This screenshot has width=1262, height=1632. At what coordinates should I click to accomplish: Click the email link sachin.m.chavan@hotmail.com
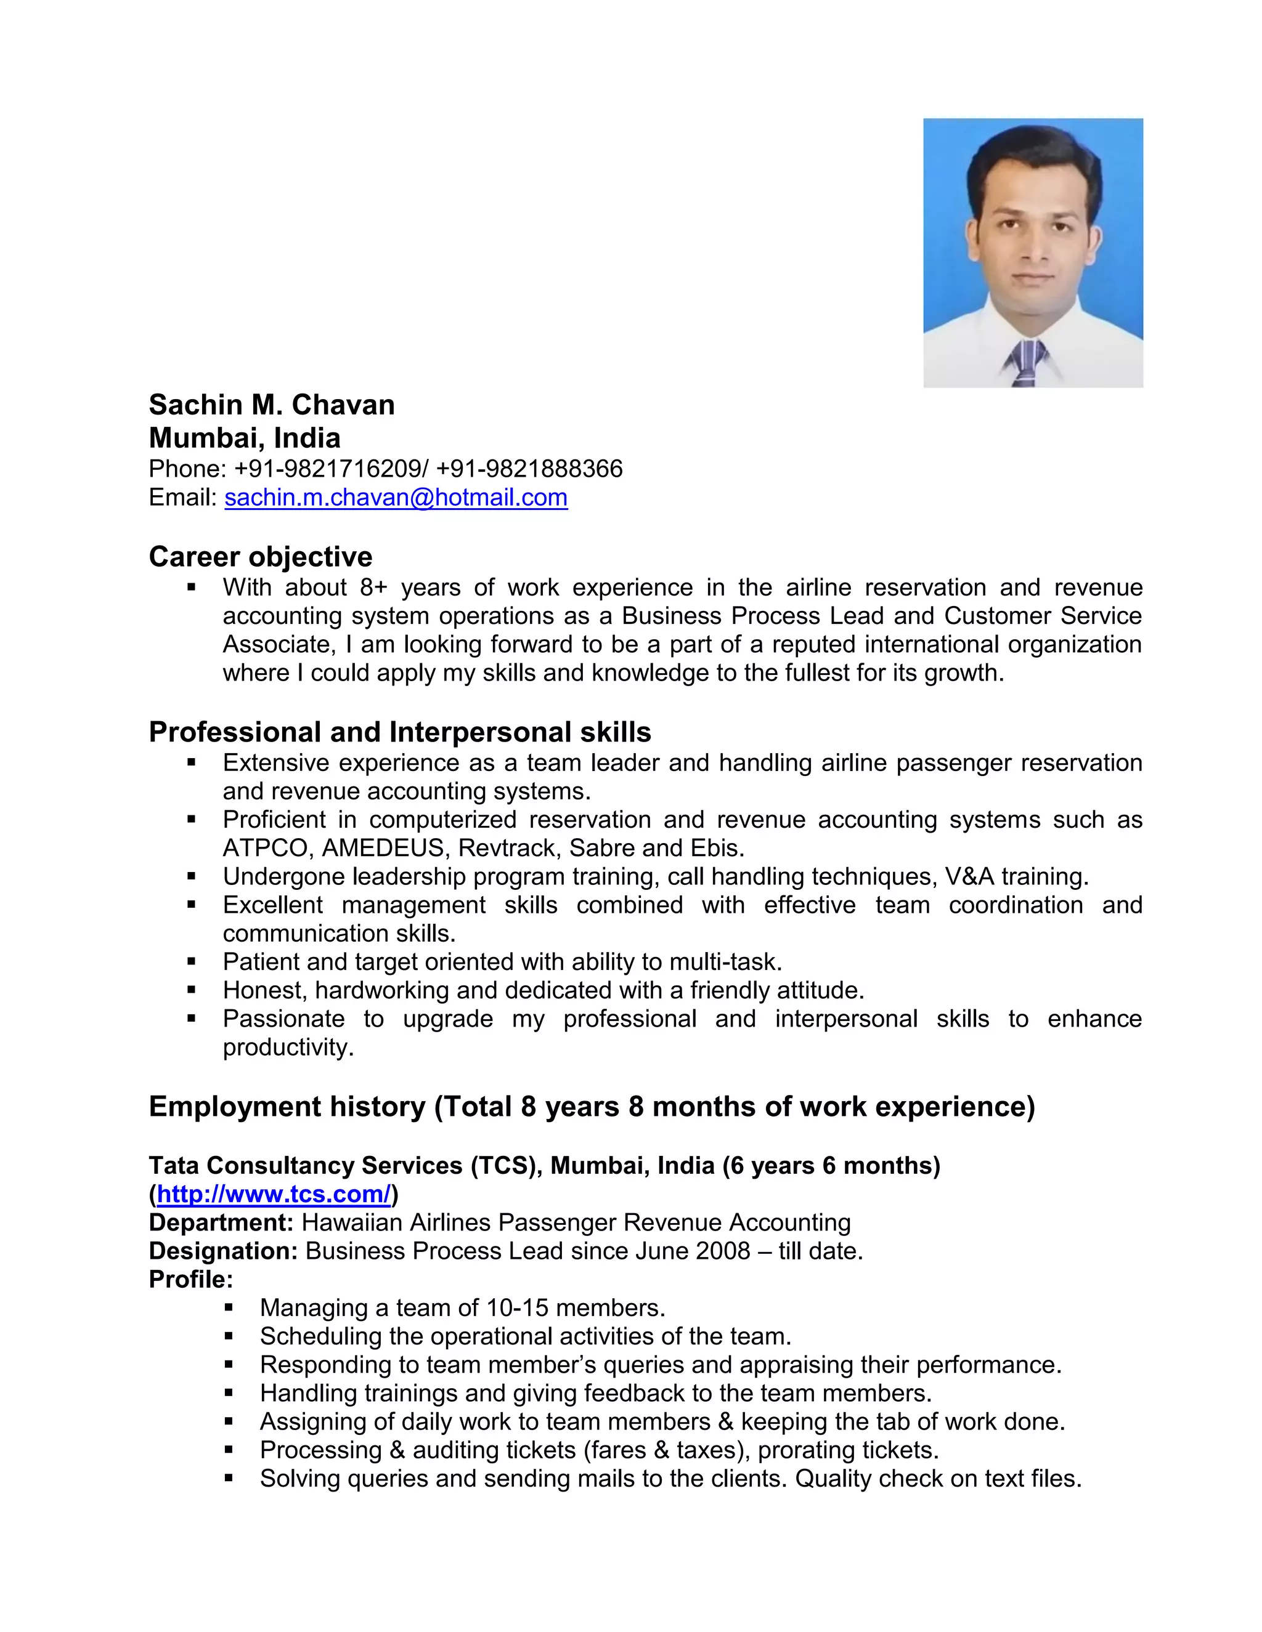click(396, 498)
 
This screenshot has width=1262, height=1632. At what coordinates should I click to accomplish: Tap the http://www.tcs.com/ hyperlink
click(274, 1194)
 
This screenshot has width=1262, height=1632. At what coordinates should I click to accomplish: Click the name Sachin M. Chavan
click(271, 405)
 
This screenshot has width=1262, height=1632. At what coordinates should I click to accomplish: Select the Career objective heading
click(260, 557)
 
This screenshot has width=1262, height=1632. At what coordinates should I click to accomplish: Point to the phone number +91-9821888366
click(529, 469)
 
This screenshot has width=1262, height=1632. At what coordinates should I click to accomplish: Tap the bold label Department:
click(221, 1222)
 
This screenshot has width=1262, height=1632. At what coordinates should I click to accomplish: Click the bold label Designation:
click(224, 1251)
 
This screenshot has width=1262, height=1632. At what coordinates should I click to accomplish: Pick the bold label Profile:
click(190, 1279)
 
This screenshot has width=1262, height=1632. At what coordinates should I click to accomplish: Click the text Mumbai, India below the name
click(245, 438)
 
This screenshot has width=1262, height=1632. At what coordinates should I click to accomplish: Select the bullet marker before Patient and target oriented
click(192, 962)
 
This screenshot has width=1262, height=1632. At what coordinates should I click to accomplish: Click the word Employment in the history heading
click(287, 1107)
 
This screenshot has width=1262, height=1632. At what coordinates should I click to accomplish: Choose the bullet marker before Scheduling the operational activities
click(229, 1336)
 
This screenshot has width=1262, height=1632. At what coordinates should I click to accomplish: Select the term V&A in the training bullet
click(970, 876)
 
